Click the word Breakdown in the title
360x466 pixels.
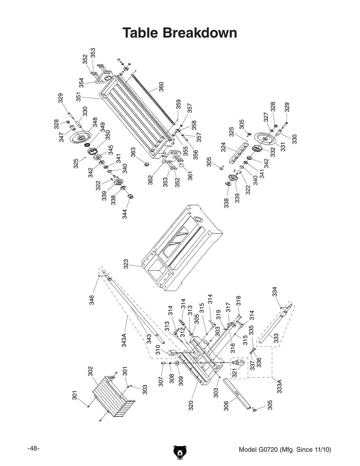[x=200, y=33]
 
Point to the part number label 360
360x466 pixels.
[x=161, y=87]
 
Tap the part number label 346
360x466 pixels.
[x=91, y=300]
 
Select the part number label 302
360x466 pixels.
[x=91, y=371]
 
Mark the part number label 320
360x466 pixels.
[x=191, y=405]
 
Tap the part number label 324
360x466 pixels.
[x=223, y=147]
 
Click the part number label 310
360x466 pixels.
[x=158, y=350]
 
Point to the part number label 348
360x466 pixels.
[x=95, y=122]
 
